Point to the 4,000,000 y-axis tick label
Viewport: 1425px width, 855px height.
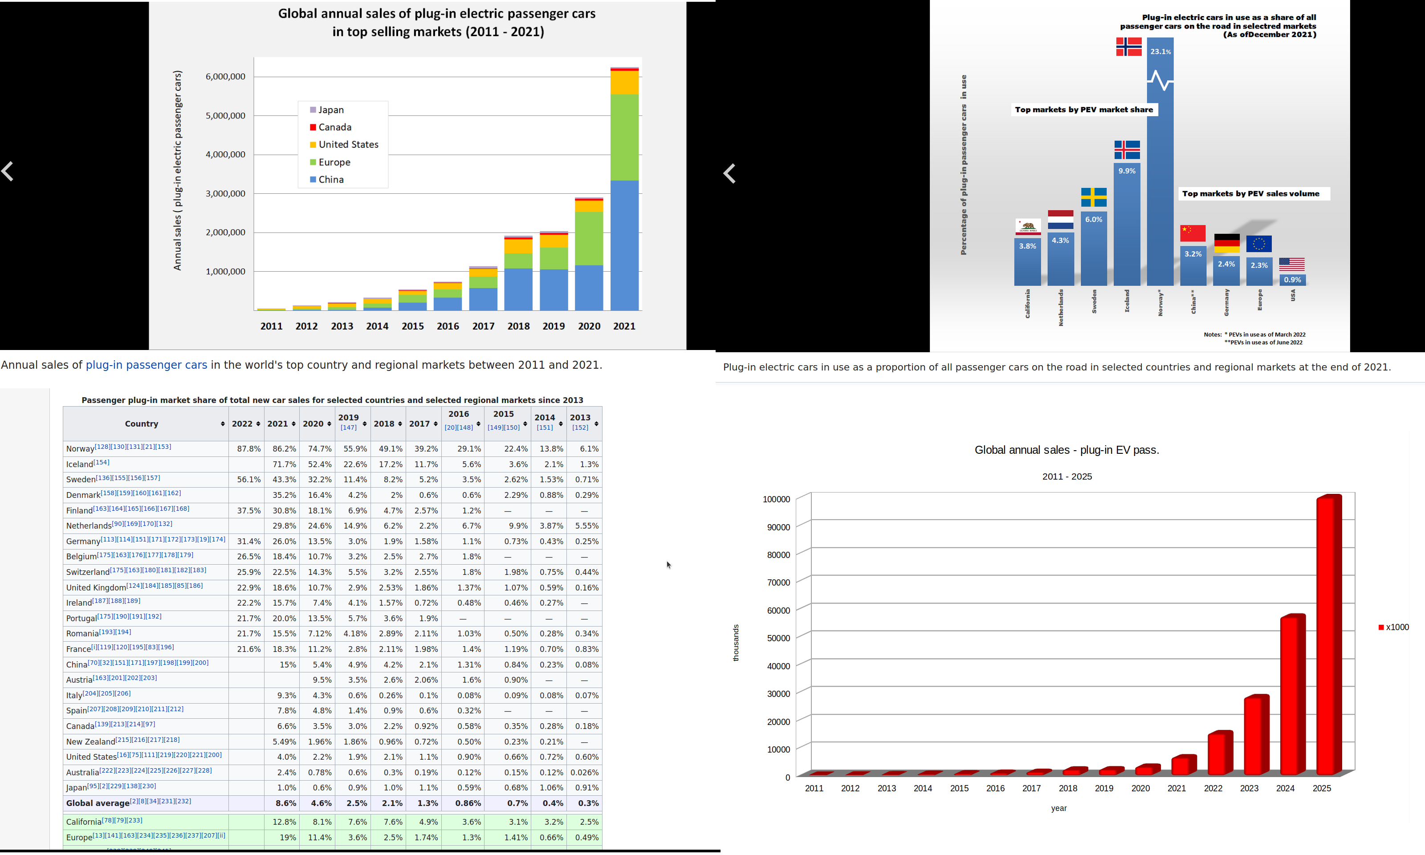pos(225,155)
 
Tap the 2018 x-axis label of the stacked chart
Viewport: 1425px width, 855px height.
pos(518,326)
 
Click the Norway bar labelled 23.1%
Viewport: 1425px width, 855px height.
pos(1160,173)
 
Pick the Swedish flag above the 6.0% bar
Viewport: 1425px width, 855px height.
pos(1093,197)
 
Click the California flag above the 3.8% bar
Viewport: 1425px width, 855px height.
pos(1028,227)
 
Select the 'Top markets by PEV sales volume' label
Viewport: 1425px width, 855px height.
pos(1250,194)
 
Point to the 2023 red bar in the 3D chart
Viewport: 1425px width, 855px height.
pos(1256,735)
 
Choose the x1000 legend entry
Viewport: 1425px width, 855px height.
pos(1394,627)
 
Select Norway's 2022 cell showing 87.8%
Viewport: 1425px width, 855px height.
pos(248,449)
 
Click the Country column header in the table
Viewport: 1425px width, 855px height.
pos(142,424)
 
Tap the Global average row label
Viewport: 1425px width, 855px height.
pos(98,803)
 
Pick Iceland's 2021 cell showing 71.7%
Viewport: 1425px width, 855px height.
pos(284,464)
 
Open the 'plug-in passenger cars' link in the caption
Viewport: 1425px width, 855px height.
pos(147,365)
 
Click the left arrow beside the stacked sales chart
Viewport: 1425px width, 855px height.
pos(8,171)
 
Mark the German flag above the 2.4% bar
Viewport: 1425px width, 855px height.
pos(1226,243)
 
